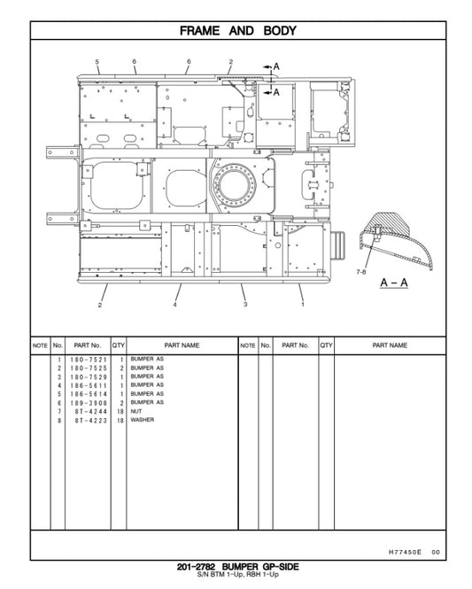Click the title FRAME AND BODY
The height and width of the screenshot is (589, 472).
pyautogui.click(x=237, y=31)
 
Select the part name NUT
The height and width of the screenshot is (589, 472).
pyautogui.click(x=136, y=412)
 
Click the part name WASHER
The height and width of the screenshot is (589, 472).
pyautogui.click(x=142, y=420)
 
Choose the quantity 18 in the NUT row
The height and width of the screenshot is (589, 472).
pyautogui.click(x=119, y=412)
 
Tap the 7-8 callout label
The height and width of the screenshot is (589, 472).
pyautogui.click(x=360, y=271)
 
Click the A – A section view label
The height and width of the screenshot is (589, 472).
pyautogui.click(x=393, y=283)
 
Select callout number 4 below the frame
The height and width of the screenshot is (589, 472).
pyautogui.click(x=175, y=305)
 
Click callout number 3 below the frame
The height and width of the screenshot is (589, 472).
pyautogui.click(x=245, y=305)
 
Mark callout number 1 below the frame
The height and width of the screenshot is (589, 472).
pyautogui.click(x=303, y=305)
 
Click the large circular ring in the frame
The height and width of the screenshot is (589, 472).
pyautogui.click(x=241, y=188)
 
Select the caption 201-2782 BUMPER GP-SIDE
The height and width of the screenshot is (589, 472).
pyautogui.click(x=236, y=568)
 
